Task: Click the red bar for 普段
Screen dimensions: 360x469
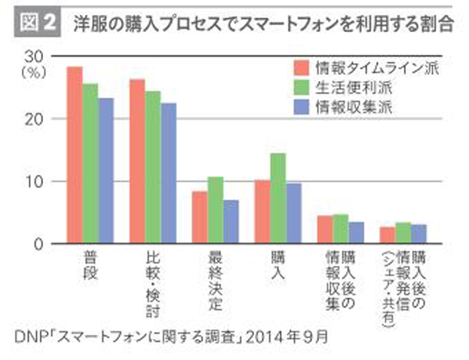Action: point(74,155)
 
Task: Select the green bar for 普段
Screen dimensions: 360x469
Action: point(90,164)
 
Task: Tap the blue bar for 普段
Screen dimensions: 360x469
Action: point(106,171)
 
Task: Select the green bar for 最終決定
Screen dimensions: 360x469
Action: point(215,211)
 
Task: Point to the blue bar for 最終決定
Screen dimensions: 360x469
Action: point(231,223)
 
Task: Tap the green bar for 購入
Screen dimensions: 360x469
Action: point(277,198)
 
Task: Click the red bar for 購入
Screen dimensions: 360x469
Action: point(262,212)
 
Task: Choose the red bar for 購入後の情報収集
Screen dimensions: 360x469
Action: point(324,230)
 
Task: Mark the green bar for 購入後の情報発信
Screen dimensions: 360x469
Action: point(403,233)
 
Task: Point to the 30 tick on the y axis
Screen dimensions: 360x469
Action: point(33,57)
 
